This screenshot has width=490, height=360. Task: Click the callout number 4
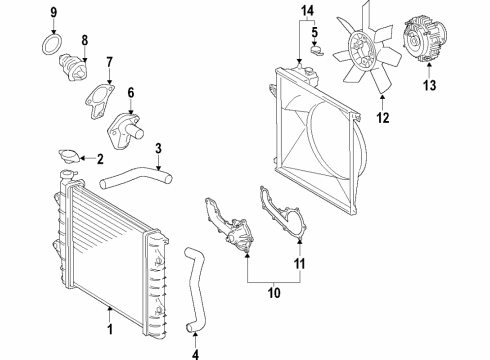click(x=196, y=352)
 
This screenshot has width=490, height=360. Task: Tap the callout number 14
click(x=308, y=11)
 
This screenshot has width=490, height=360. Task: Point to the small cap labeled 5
click(x=313, y=44)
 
